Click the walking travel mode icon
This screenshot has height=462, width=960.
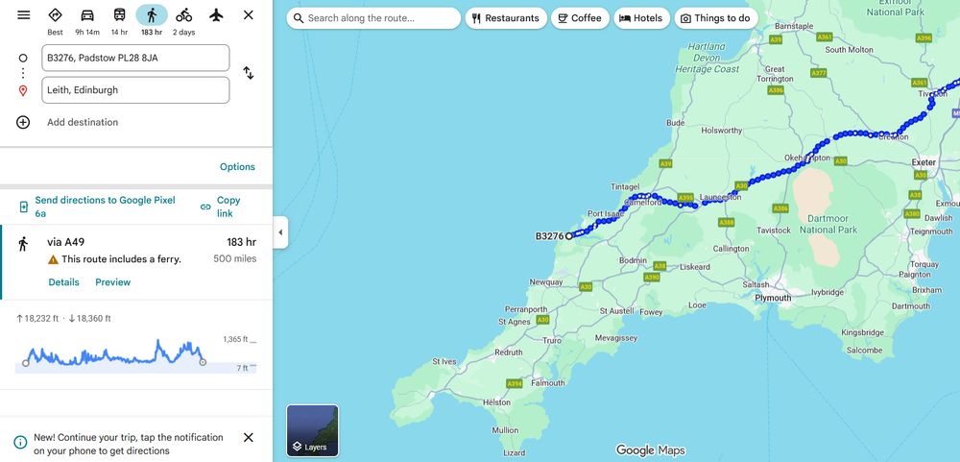click(152, 15)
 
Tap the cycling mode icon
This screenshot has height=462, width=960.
click(183, 15)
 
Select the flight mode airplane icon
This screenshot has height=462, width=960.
click(216, 15)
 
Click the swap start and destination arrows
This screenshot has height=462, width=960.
click(248, 73)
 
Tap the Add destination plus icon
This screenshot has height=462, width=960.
click(23, 122)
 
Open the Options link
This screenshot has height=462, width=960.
click(237, 167)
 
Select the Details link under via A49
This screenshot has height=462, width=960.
click(63, 282)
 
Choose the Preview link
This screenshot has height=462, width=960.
click(112, 282)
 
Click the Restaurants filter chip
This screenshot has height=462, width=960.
click(505, 18)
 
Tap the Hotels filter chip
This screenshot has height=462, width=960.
click(640, 18)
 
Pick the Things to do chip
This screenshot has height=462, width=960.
click(714, 18)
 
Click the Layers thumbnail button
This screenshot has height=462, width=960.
click(312, 430)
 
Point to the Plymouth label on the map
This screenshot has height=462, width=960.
click(773, 298)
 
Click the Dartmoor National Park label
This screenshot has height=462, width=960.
click(828, 225)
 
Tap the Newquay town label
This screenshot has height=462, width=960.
click(546, 282)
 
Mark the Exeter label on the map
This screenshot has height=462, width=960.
click(924, 163)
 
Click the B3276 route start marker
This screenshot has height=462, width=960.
click(568, 235)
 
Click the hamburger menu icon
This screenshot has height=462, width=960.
click(23, 15)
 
